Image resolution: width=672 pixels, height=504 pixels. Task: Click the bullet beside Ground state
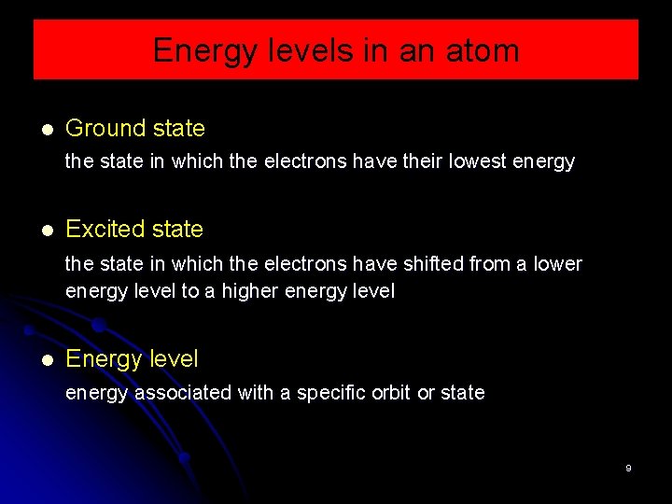47,129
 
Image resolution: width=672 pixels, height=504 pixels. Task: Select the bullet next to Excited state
47,230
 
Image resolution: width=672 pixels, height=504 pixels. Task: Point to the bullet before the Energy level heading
47,359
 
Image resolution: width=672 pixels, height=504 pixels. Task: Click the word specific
330,393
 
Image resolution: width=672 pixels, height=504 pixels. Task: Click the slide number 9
628,468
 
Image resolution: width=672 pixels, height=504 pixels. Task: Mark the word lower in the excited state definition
557,264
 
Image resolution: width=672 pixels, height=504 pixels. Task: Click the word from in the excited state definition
490,264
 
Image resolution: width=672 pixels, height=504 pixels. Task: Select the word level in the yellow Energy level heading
171,358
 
